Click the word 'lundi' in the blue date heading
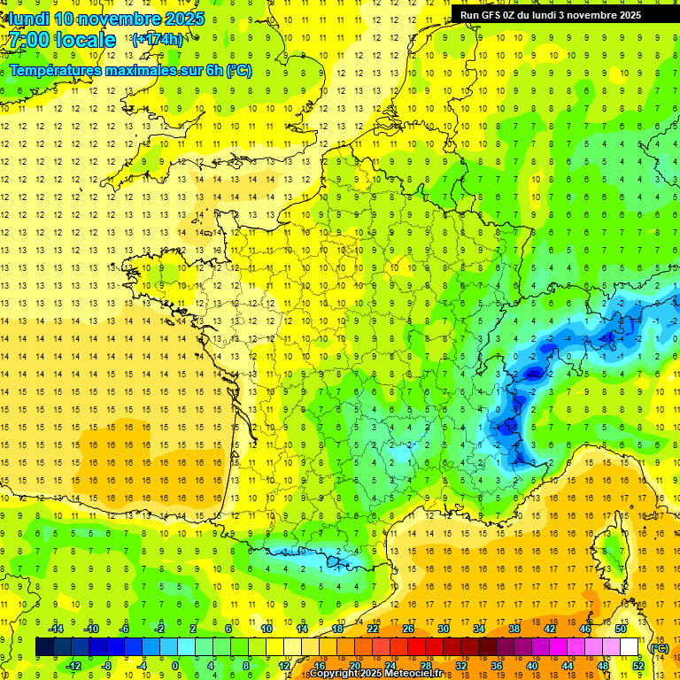click(x=29, y=19)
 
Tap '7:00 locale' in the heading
click(x=63, y=40)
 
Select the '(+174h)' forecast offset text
click(x=158, y=40)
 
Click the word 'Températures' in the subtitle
click(x=53, y=70)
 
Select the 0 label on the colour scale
click(x=175, y=666)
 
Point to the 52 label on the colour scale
click(x=637, y=666)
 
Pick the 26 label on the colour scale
click(x=408, y=629)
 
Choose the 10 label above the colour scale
click(x=266, y=629)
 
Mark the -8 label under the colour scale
click(x=107, y=666)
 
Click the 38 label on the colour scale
click(x=514, y=629)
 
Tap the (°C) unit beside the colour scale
click(x=658, y=647)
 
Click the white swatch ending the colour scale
click(x=630, y=647)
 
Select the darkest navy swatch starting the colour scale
click(x=44, y=647)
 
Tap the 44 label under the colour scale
click(x=567, y=666)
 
